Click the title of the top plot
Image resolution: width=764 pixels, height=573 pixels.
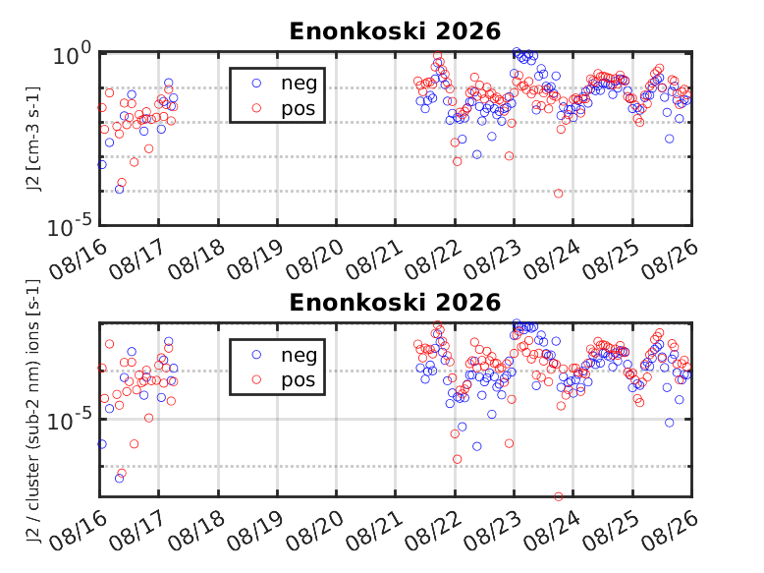pos(395,31)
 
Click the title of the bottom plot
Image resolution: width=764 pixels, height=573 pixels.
pos(395,303)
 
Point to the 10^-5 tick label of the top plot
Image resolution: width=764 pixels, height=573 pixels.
pos(69,226)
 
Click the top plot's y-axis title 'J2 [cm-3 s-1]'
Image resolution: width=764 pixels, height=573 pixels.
pos(33,139)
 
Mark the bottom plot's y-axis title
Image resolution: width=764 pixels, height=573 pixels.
pos(33,411)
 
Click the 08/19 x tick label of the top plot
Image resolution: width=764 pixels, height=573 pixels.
pos(254,260)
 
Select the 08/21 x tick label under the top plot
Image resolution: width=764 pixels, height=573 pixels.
pos(373,260)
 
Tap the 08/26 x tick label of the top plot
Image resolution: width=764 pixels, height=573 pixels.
pos(669,260)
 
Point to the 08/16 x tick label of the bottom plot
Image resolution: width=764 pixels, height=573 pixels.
pos(78,532)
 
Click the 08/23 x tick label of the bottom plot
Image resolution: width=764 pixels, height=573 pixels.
pos(492,532)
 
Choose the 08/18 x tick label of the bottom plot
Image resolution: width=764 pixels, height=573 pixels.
pos(195,532)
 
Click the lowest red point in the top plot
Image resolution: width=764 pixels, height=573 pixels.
pos(559,194)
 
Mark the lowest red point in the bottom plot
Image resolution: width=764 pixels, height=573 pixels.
pos(559,497)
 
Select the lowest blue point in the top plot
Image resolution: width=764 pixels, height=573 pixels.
pos(119,190)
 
